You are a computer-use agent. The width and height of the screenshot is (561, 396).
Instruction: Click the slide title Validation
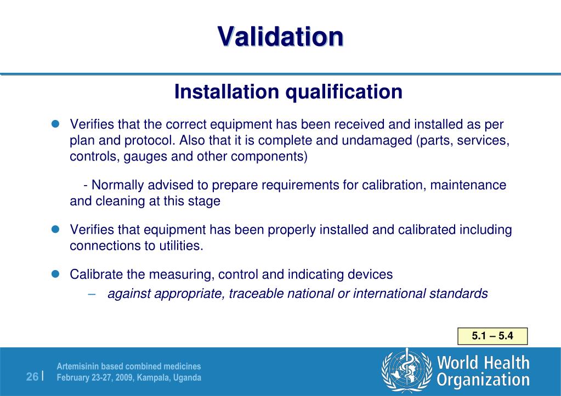click(280, 37)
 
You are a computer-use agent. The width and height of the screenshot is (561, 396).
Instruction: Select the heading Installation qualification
click(288, 91)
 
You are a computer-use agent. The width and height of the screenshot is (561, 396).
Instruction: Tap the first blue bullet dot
click(55, 124)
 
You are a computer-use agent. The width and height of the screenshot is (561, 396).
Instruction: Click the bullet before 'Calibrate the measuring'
click(55, 274)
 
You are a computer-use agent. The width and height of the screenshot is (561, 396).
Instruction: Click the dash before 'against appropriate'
click(92, 294)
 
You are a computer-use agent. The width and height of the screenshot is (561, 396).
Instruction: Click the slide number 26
click(32, 377)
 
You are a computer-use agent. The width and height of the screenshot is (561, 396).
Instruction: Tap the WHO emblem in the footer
click(406, 371)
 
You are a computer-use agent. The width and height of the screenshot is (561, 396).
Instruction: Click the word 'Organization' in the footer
click(483, 380)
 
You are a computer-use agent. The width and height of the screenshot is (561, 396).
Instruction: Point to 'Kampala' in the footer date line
click(152, 378)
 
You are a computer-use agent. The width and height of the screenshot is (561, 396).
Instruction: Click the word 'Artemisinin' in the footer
click(79, 366)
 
